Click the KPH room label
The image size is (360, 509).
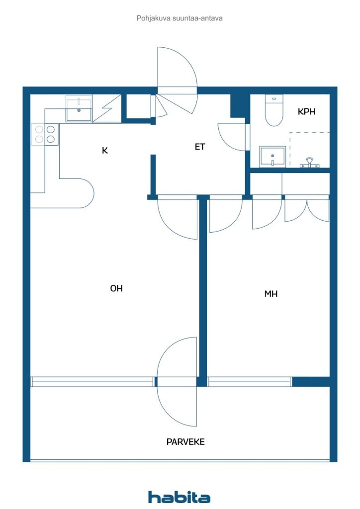[306, 112]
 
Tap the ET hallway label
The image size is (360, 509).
[199, 147]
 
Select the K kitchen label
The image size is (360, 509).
[104, 150]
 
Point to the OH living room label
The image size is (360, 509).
[116, 288]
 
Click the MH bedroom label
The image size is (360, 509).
[270, 294]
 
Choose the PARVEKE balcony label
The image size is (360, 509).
[185, 442]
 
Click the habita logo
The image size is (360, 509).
[179, 497]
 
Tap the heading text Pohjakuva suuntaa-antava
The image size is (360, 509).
[180, 18]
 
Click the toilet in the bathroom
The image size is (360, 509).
[274, 110]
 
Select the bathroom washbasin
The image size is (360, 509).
[272, 157]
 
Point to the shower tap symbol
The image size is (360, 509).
[309, 163]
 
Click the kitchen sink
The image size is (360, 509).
[79, 108]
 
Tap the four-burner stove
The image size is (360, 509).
[45, 134]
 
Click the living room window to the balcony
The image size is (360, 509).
[92, 382]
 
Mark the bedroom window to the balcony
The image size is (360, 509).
[250, 382]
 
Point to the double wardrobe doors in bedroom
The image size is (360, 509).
[307, 210]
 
